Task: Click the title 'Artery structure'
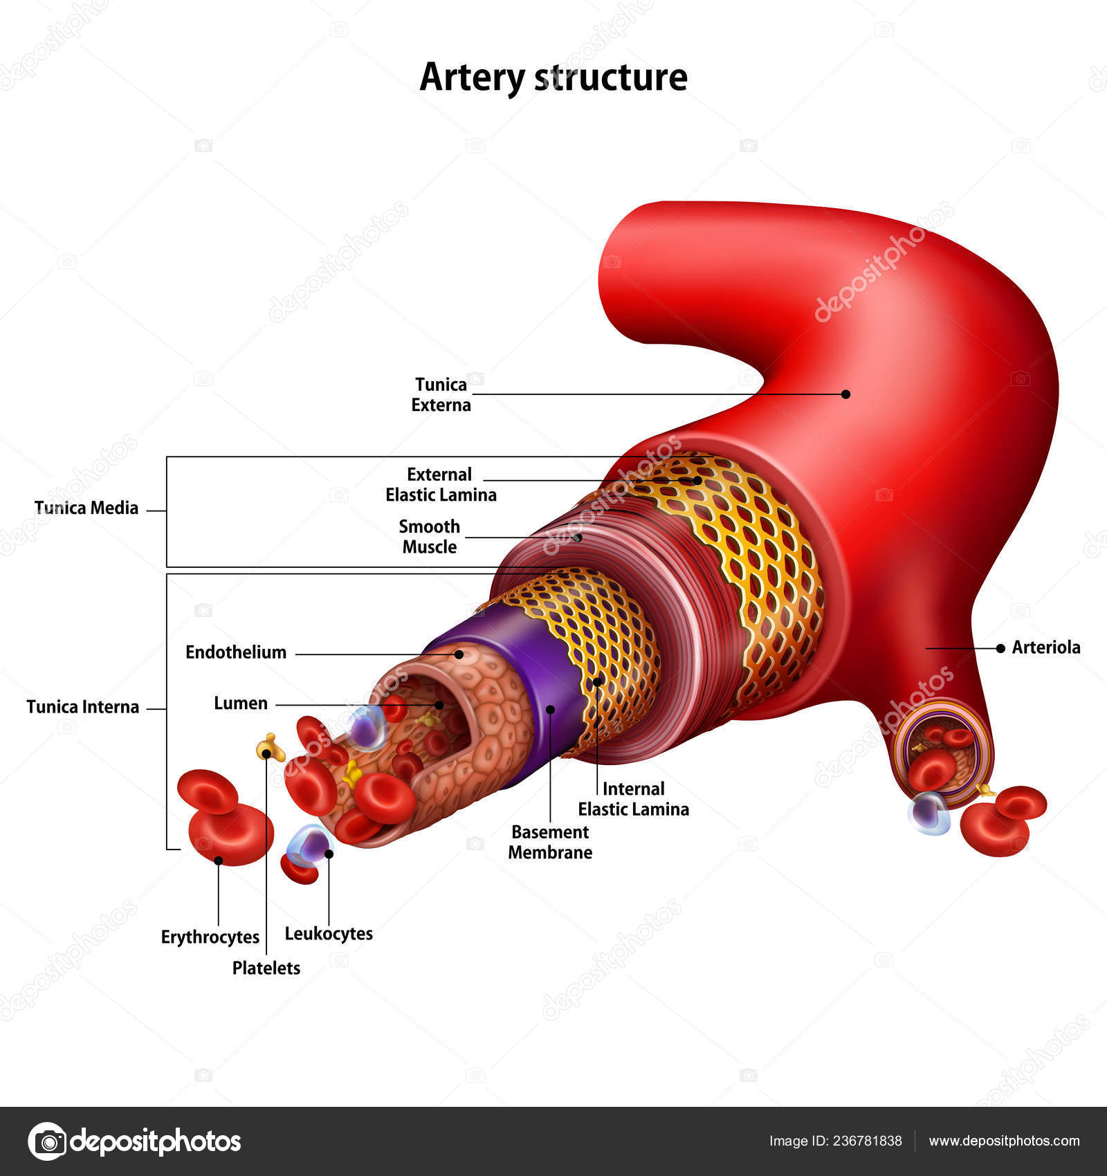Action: click(553, 77)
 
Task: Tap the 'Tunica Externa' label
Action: click(441, 394)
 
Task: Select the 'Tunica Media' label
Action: click(86, 508)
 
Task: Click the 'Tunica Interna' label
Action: click(82, 706)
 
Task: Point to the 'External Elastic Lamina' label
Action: click(441, 484)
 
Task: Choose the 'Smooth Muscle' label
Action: click(429, 536)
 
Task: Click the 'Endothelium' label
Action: click(236, 652)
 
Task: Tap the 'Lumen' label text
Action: click(240, 703)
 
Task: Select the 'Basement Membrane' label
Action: click(550, 842)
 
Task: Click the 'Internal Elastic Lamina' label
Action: click(633, 798)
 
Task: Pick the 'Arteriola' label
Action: click(1045, 647)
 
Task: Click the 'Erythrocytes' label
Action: click(210, 937)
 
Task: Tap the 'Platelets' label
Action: click(266, 968)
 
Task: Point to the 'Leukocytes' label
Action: click(329, 933)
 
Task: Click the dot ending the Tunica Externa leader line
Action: click(845, 394)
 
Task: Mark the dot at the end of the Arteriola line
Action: click(1000, 648)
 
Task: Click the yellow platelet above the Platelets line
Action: click(270, 748)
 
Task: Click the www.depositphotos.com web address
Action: click(1004, 1141)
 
